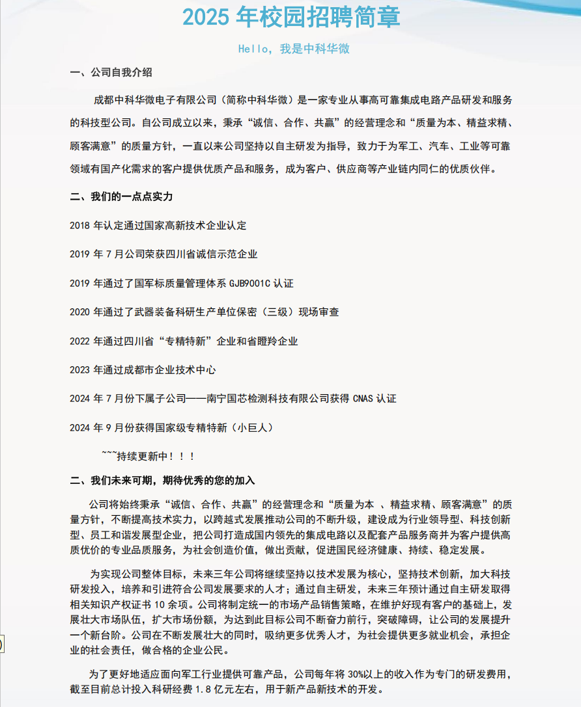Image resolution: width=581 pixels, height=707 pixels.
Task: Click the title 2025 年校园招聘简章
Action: click(x=291, y=18)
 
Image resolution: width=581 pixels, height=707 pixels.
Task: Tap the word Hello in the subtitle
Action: click(x=251, y=49)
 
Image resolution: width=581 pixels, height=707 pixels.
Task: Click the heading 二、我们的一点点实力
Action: click(x=121, y=196)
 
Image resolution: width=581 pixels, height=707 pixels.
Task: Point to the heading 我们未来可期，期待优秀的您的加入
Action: click(x=173, y=481)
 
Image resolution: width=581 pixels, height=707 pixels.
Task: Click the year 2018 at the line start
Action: click(x=79, y=226)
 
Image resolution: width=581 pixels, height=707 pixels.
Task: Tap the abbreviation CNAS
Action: click(x=363, y=399)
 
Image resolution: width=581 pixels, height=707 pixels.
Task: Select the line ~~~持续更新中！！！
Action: click(x=149, y=456)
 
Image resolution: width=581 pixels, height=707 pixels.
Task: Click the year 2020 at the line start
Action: click(x=79, y=312)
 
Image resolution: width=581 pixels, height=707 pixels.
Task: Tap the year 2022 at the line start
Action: click(x=79, y=341)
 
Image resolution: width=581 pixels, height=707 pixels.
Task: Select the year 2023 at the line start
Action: click(x=79, y=370)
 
